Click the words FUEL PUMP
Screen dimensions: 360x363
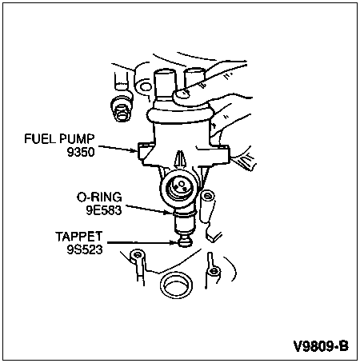(x=59, y=139)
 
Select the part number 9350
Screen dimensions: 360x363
(x=81, y=152)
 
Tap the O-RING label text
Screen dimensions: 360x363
(x=99, y=197)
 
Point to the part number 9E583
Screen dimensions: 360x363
(x=104, y=210)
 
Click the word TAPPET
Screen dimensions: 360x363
(x=79, y=237)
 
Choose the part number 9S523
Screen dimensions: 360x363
(x=85, y=249)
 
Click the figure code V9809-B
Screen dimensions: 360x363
(x=321, y=346)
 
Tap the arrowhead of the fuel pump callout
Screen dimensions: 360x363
(x=135, y=151)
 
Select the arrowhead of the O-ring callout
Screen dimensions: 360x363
(x=169, y=213)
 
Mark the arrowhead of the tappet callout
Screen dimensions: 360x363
(x=174, y=242)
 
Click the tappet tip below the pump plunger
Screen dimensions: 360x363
(x=184, y=241)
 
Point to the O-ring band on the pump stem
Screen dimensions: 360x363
(x=185, y=213)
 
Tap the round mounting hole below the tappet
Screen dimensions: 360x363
(x=176, y=285)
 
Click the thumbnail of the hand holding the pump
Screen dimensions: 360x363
(x=182, y=95)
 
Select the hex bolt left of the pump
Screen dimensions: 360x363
(x=122, y=110)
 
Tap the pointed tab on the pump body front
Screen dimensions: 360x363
(x=181, y=159)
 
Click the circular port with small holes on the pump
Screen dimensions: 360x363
(x=179, y=185)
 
